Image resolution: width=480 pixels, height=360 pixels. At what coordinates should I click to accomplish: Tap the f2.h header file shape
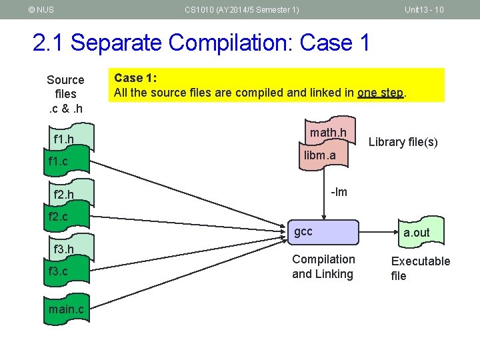(x=67, y=195)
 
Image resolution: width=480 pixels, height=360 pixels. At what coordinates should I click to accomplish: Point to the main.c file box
(x=66, y=309)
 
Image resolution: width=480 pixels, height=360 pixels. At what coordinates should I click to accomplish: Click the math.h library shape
(x=327, y=133)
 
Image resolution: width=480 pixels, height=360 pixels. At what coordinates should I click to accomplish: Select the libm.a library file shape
(x=320, y=156)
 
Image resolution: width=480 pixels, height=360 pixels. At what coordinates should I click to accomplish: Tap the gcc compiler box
(x=324, y=232)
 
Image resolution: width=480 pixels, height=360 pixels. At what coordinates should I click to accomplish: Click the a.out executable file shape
(x=417, y=233)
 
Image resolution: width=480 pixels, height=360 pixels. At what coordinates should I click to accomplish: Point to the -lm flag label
(x=339, y=192)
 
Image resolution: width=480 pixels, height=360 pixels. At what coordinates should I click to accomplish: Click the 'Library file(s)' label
(x=403, y=142)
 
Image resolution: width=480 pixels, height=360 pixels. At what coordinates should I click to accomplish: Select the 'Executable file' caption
(x=420, y=268)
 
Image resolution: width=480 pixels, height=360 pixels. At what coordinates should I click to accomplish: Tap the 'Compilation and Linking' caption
(x=323, y=266)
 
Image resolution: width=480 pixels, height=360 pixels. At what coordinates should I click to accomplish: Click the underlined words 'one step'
(x=380, y=93)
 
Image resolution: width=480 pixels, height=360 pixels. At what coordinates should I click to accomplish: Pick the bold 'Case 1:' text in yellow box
(x=135, y=77)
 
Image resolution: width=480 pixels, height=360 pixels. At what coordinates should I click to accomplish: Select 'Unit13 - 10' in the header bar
(x=424, y=9)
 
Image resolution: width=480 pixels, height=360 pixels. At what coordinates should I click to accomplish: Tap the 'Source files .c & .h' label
(x=65, y=94)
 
